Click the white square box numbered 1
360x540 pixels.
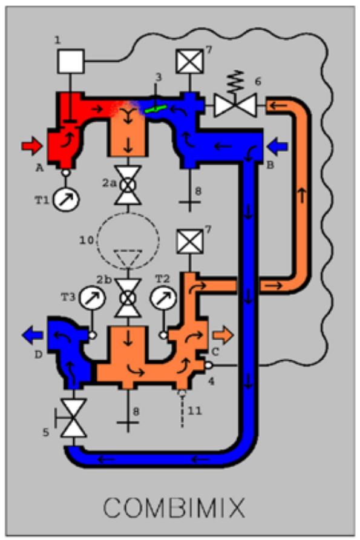click(x=71, y=61)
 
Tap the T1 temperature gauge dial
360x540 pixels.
click(x=66, y=199)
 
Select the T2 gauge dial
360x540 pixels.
click(x=163, y=298)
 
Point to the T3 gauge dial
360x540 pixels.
click(x=93, y=298)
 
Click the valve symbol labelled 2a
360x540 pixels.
click(x=128, y=185)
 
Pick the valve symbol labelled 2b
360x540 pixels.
click(x=128, y=298)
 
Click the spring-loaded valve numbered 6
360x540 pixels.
click(x=235, y=99)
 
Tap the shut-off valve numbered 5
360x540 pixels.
click(x=72, y=418)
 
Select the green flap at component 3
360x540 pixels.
click(x=156, y=109)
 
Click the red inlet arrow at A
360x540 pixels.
click(x=31, y=146)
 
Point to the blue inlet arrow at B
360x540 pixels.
click(x=277, y=147)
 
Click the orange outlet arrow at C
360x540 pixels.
click(x=223, y=335)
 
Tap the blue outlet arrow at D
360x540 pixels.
click(x=32, y=335)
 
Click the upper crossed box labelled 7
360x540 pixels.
click(x=189, y=62)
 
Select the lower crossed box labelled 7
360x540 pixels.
click(x=189, y=242)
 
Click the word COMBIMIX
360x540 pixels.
click(x=174, y=507)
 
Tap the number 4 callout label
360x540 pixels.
click(x=211, y=381)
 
